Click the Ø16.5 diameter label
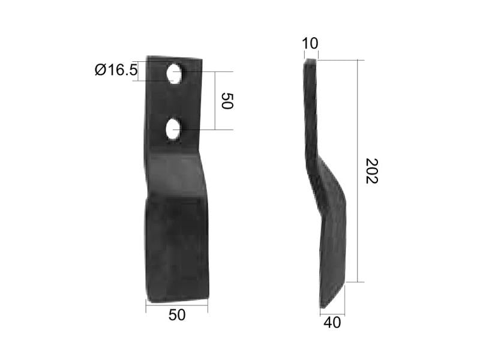116,71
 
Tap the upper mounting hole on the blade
175,73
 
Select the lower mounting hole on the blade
173,129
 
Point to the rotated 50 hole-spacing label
226,101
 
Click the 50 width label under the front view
176,315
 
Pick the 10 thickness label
311,44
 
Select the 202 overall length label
372,171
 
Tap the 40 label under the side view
332,323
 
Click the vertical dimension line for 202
358,171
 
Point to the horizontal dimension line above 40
332,313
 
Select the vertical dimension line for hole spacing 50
215,101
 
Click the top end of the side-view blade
310,61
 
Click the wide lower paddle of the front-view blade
176,252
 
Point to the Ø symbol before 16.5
100,71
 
